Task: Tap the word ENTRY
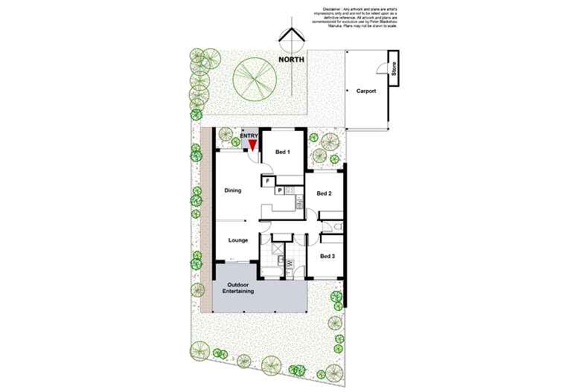pos(249,135)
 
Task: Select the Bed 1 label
pos(282,152)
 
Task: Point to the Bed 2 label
pos(324,193)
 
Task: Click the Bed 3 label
pos(328,256)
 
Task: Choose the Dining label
pos(234,191)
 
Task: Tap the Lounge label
pos(237,240)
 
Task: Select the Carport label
pos(365,91)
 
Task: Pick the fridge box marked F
pos(266,179)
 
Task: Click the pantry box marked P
pos(280,190)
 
